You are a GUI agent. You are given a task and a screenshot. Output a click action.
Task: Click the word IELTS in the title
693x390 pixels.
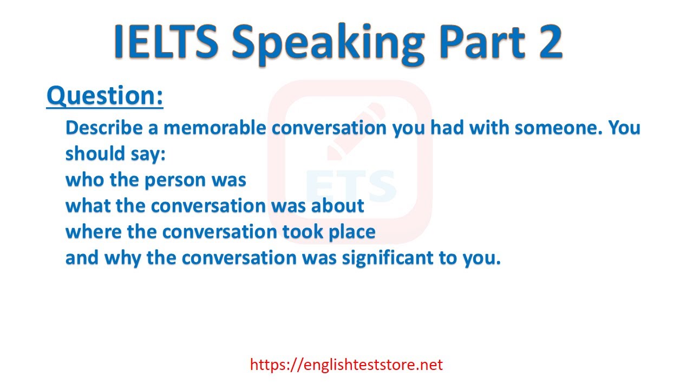pyautogui.click(x=166, y=41)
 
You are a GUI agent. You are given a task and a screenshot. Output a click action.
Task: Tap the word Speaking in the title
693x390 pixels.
pyautogui.click(x=328, y=45)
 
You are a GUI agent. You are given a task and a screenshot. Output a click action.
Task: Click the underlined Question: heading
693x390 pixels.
pyautogui.click(x=105, y=96)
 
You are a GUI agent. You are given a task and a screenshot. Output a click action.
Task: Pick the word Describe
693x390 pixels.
pyautogui.click(x=104, y=127)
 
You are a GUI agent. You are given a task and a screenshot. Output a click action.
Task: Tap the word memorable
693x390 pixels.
pyautogui.click(x=215, y=127)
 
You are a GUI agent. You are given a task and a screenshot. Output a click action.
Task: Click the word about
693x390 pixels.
pyautogui.click(x=337, y=205)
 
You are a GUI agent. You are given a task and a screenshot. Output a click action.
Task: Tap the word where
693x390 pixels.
pyautogui.click(x=94, y=231)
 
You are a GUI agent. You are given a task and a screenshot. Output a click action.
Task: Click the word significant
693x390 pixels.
pyautogui.click(x=388, y=258)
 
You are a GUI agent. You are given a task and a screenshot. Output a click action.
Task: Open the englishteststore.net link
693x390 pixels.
pyautogui.click(x=346, y=365)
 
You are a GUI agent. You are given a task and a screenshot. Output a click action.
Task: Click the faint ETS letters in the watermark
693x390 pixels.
pyautogui.click(x=351, y=186)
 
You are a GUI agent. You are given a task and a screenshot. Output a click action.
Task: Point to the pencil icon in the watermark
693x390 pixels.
pyautogui.click(x=356, y=132)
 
